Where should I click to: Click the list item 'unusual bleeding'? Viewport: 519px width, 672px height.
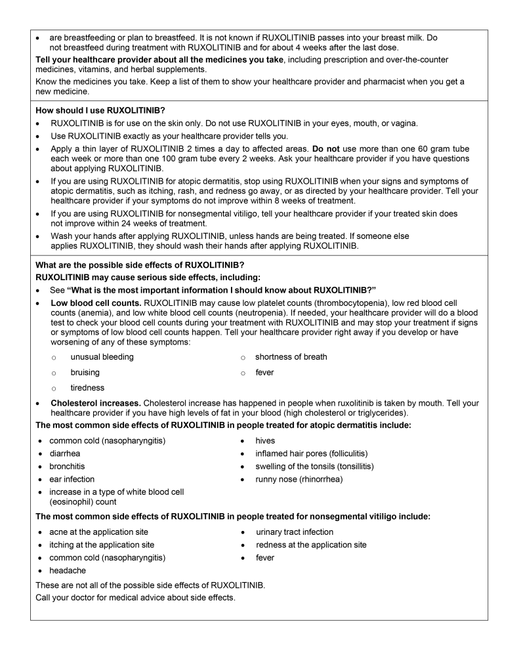pyautogui.click(x=102, y=357)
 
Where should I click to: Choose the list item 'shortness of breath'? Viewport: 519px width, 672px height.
pyautogui.click(x=291, y=357)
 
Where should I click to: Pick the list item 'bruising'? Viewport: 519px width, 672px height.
pyautogui.click(x=85, y=373)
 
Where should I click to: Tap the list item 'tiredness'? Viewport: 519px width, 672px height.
pyautogui.click(x=87, y=388)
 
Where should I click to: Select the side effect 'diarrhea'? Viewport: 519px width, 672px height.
pyautogui.click(x=65, y=453)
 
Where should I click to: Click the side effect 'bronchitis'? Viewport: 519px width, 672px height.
pyautogui.click(x=68, y=467)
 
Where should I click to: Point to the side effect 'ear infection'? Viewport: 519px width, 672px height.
pyautogui.click(x=72, y=479)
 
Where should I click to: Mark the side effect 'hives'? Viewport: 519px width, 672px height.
pyautogui.click(x=265, y=440)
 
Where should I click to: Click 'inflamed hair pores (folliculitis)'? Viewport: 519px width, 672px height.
pyautogui.click(x=312, y=453)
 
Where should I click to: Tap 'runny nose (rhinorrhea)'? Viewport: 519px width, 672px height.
pyautogui.click(x=299, y=479)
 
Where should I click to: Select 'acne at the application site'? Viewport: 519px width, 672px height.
pyautogui.click(x=98, y=532)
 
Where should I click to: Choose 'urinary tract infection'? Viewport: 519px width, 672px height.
pyautogui.click(x=295, y=532)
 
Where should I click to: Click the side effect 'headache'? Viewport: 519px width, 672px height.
pyautogui.click(x=68, y=571)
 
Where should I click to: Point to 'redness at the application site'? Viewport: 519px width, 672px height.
pyautogui.click(x=311, y=545)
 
